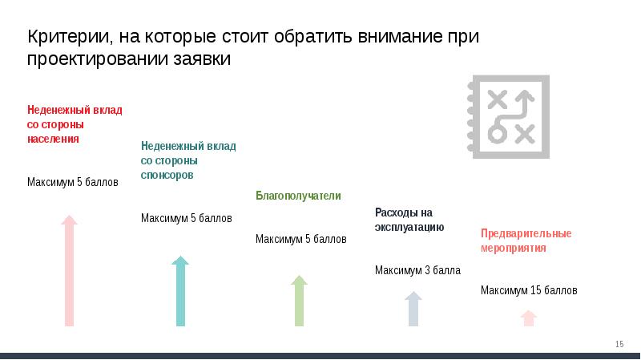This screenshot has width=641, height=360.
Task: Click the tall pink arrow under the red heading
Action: click(69, 270)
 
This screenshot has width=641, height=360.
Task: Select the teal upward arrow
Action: click(180, 291)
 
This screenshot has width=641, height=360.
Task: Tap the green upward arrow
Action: click(299, 301)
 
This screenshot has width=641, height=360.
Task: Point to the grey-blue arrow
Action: click(413, 309)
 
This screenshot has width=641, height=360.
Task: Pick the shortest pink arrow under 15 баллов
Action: click(529, 318)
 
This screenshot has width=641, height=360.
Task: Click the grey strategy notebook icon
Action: click(509, 116)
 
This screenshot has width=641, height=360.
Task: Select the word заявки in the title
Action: click(202, 59)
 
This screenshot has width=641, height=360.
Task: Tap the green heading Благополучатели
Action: click(298, 196)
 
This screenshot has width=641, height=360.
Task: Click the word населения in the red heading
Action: click(53, 139)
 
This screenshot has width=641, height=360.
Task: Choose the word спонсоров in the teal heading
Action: click(167, 175)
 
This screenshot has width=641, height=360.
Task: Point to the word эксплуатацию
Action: click(409, 227)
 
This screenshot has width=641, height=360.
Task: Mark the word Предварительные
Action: click(526, 233)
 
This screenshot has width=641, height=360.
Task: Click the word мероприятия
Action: click(514, 248)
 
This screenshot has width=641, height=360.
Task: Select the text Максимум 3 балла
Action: click(417, 270)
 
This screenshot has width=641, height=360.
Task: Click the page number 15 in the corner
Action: click(619, 344)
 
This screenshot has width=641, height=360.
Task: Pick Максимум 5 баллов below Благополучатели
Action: click(301, 239)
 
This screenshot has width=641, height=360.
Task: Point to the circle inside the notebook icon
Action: click(498, 133)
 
